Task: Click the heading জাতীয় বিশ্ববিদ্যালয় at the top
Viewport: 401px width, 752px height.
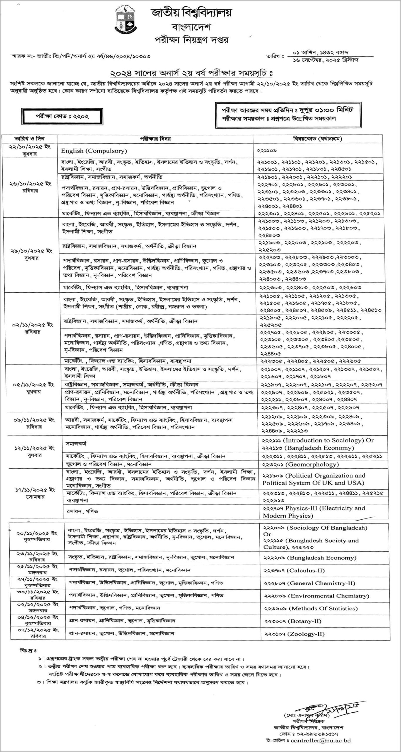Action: pyautogui.click(x=191, y=13)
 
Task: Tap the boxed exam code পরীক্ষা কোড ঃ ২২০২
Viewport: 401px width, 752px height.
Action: pyautogui.click(x=62, y=116)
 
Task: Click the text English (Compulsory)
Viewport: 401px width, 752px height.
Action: pyautogui.click(x=94, y=151)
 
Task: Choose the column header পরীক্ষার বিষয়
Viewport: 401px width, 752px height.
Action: pyautogui.click(x=155, y=139)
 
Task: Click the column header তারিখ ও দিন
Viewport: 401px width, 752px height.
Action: pyautogui.click(x=30, y=139)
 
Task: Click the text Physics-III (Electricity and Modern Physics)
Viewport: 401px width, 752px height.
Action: pyautogui.click(x=314, y=512)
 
